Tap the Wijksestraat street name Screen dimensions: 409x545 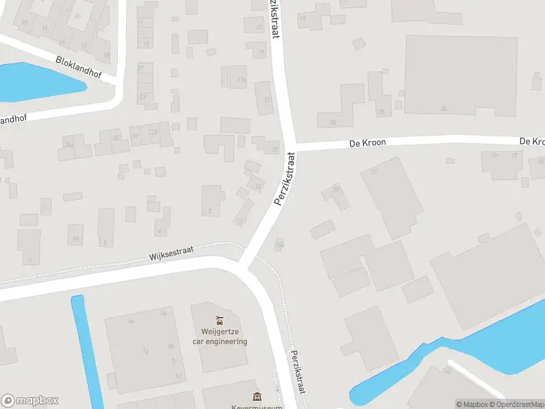click(x=171, y=254)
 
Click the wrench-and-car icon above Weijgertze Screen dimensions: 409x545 click(x=219, y=319)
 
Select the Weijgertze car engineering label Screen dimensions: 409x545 click(x=219, y=337)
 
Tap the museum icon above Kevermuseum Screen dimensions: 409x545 click(x=257, y=397)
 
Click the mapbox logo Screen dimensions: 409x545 click(x=30, y=400)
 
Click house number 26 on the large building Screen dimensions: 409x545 click(x=443, y=108)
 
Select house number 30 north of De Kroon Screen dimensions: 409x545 click(x=332, y=123)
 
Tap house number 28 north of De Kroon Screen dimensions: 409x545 click(x=381, y=112)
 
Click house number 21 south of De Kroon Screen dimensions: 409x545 click(x=373, y=172)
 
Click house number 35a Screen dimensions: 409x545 click(x=67, y=145)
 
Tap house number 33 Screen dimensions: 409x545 click(x=116, y=138)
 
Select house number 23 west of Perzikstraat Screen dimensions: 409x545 click(x=259, y=27)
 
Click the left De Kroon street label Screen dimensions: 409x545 click(x=367, y=143)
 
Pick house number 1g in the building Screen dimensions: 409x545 click(x=144, y=351)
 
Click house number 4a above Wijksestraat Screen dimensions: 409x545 click(x=76, y=238)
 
